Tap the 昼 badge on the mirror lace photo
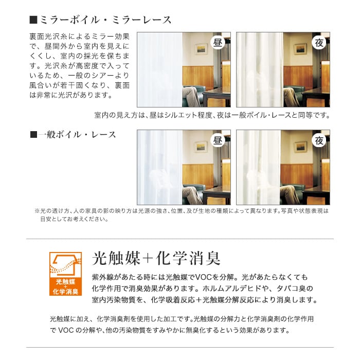point(218,43)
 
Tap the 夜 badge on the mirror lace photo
point(319,43)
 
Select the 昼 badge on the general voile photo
point(218,140)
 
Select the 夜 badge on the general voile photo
point(319,140)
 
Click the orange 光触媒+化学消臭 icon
point(66,274)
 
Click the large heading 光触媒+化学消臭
point(156,259)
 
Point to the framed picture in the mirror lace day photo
point(201,49)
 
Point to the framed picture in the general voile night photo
point(300,147)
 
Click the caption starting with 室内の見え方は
point(212,115)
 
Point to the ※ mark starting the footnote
point(37,211)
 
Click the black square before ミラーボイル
point(33,20)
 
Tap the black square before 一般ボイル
point(33,135)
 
